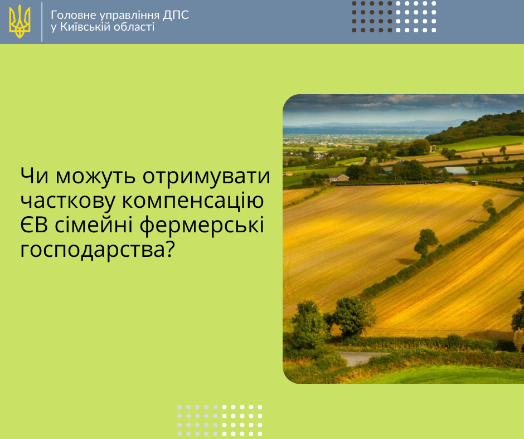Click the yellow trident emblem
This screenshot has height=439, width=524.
[x=20, y=21]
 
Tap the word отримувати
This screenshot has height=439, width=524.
[x=206, y=177]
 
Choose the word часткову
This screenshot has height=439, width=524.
[x=68, y=201]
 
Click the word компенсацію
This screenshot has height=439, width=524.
[x=192, y=201]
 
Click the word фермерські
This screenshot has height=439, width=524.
[x=202, y=225]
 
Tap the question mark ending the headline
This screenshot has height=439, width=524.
[x=171, y=249]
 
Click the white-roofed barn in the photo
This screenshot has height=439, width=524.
[x=457, y=170]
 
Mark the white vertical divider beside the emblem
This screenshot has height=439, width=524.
[x=42, y=22]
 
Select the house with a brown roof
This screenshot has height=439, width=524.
[x=339, y=178]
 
